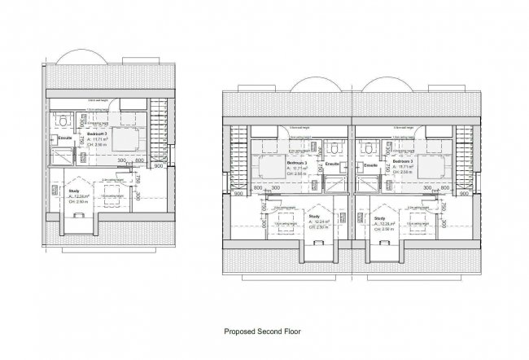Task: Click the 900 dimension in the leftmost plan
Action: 159,166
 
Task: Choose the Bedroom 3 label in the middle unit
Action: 295,163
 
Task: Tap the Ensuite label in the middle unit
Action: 332,165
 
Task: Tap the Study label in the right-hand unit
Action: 379,218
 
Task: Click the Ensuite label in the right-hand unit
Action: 371,165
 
